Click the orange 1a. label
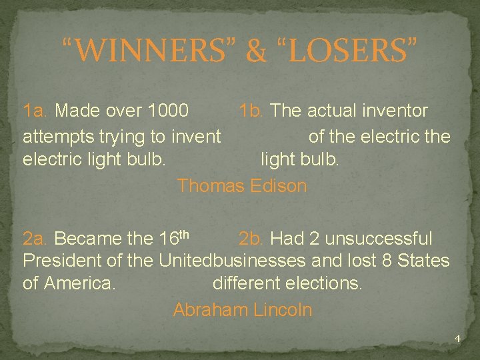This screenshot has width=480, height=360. tap(36, 110)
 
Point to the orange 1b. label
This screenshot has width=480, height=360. tap(253, 110)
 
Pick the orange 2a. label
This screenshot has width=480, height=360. tap(36, 239)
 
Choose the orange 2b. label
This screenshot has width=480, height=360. tap(251, 239)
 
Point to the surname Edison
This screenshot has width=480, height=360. tap(279, 185)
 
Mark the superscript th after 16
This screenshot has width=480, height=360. tap(185, 234)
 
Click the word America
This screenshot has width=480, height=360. tap(79, 283)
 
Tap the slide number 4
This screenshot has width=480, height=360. tap(457, 339)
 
